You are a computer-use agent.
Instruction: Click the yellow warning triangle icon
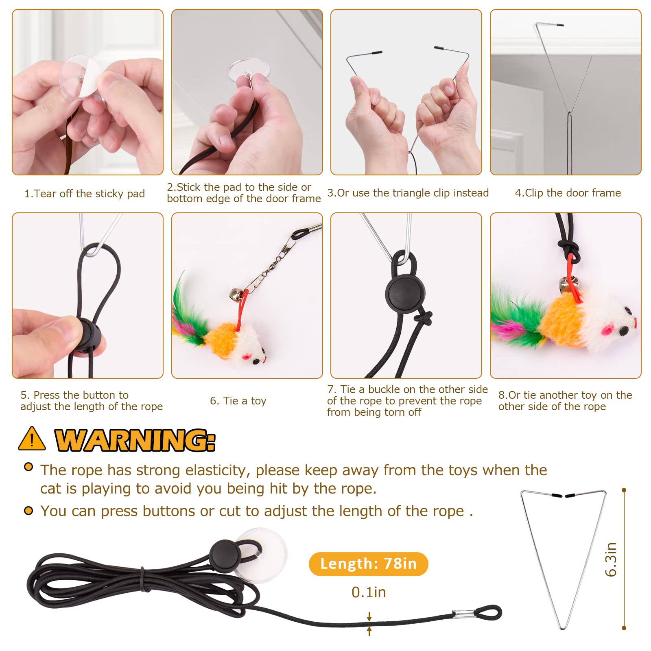click(x=32, y=439)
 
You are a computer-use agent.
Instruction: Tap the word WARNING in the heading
click(x=134, y=440)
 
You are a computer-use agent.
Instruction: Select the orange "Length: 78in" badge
click(x=368, y=564)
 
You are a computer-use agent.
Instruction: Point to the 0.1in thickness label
click(x=369, y=592)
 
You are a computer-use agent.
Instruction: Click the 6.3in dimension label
click(x=611, y=559)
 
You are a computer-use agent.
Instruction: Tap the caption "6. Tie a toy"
click(x=238, y=401)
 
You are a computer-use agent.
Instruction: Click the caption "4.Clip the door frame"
click(x=568, y=193)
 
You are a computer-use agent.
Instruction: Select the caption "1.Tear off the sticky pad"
click(x=85, y=194)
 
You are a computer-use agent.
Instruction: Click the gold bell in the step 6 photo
click(x=235, y=293)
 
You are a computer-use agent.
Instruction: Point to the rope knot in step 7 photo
click(x=425, y=318)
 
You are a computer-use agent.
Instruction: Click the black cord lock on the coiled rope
click(x=224, y=553)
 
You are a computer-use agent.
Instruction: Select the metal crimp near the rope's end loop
click(x=464, y=614)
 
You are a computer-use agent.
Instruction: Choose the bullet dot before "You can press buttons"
click(x=28, y=511)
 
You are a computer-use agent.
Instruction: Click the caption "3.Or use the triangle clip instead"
click(x=408, y=193)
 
